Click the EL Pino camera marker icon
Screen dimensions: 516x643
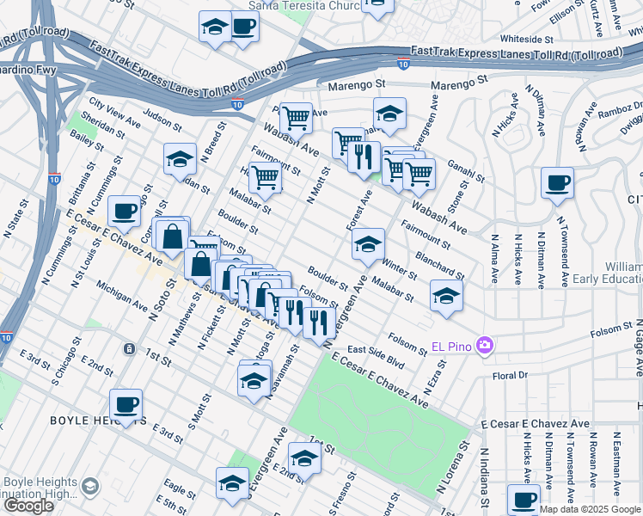click(x=486, y=345)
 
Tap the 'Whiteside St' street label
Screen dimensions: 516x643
click(x=526, y=39)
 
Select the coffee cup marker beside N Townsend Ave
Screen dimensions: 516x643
click(x=557, y=183)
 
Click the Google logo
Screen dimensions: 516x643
click(x=28, y=506)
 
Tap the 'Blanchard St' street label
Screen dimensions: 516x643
click(x=439, y=264)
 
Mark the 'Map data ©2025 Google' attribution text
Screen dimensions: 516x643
click(x=590, y=509)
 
